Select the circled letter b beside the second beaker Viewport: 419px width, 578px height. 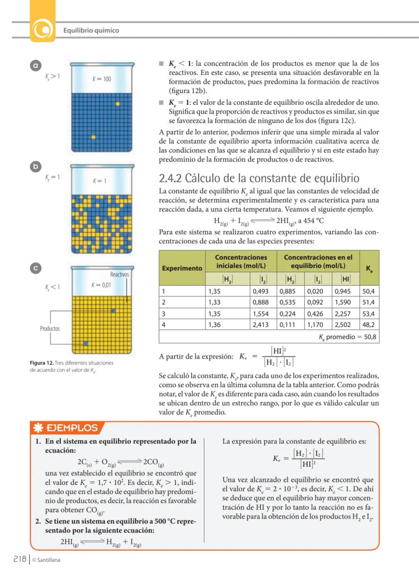point(35,166)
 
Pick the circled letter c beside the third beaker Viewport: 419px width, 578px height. point(35,269)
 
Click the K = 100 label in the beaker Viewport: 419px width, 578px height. point(102,79)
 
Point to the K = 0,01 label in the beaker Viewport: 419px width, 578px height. point(101,285)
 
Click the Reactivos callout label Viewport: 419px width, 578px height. point(120,275)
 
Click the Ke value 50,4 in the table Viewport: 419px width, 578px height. point(368,291)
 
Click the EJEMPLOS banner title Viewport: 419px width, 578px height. point(71,428)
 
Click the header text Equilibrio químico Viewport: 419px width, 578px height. point(91,30)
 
